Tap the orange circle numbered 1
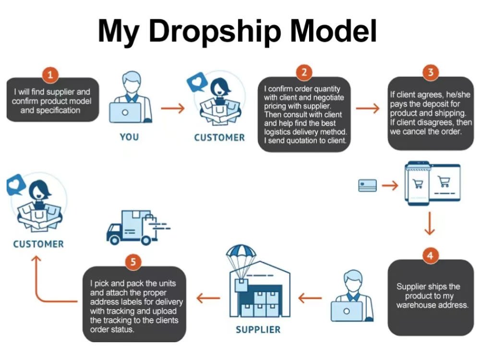click(50, 74)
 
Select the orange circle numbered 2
click(304, 72)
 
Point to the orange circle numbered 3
click(431, 72)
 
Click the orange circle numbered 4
click(430, 255)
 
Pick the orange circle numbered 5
click(133, 262)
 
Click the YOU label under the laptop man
click(129, 137)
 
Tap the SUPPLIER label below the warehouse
click(258, 330)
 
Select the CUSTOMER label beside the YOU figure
click(219, 137)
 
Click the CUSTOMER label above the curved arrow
click(38, 244)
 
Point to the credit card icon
click(367, 185)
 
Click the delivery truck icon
click(138, 228)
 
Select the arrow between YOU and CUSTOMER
click(173, 108)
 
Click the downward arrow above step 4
click(430, 223)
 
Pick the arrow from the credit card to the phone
click(390, 185)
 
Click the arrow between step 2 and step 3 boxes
click(368, 108)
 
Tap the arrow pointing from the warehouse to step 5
click(208, 298)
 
